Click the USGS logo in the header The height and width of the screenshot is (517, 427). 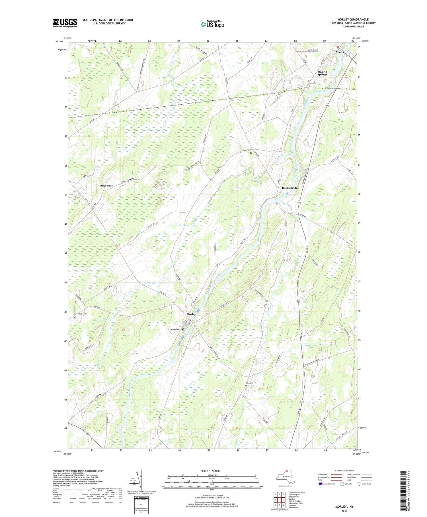pyautogui.click(x=65, y=23)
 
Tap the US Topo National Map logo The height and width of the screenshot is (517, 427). pyautogui.click(x=212, y=25)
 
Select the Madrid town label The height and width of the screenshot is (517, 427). pyautogui.click(x=340, y=52)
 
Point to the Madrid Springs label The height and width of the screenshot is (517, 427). pyautogui.click(x=322, y=73)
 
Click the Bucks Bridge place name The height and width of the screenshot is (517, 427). pyautogui.click(x=290, y=188)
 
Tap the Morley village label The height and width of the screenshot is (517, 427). pyautogui.click(x=191, y=314)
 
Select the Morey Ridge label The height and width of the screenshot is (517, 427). pyautogui.click(x=106, y=186)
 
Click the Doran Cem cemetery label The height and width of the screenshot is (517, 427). pyautogui.click(x=247, y=150)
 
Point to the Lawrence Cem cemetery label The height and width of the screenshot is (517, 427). pyautogui.click(x=80, y=314)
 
